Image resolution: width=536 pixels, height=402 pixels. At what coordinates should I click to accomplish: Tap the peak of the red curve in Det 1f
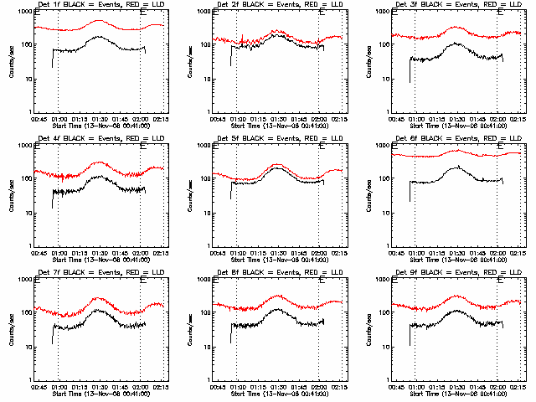[100, 20]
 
